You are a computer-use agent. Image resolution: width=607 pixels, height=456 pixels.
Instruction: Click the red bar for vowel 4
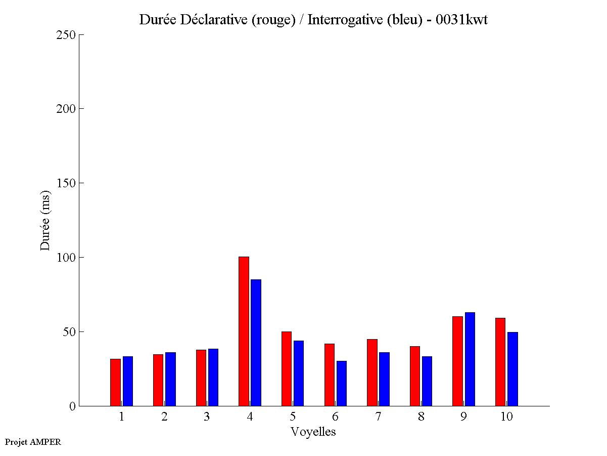click(244, 331)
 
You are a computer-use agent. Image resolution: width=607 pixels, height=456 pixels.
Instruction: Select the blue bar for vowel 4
click(256, 343)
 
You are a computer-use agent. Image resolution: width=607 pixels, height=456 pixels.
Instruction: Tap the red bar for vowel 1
click(115, 382)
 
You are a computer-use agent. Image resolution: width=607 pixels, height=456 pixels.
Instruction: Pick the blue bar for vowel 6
click(341, 383)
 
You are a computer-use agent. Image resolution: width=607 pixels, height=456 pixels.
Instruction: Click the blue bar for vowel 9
click(470, 359)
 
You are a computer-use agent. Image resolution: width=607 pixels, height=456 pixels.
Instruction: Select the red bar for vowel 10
click(500, 362)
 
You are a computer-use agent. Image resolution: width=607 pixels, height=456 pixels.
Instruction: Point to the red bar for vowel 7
click(372, 372)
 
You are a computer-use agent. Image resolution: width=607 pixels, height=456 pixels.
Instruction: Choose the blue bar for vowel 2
click(170, 379)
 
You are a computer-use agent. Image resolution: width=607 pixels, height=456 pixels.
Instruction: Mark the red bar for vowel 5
click(287, 368)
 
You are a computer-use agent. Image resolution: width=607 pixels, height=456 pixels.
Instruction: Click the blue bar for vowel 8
click(427, 381)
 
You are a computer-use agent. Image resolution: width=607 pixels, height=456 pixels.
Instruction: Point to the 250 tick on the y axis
click(81, 34)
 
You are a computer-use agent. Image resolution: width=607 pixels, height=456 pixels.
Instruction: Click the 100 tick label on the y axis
click(65, 257)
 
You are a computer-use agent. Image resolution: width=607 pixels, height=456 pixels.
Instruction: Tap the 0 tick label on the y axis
click(72, 406)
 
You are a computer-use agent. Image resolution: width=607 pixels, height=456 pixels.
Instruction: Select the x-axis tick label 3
click(207, 417)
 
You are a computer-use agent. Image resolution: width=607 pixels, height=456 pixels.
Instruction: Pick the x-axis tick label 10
click(506, 417)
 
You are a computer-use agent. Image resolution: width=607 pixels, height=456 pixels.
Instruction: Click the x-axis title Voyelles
click(313, 432)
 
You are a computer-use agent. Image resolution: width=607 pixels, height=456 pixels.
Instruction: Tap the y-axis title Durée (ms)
click(45, 220)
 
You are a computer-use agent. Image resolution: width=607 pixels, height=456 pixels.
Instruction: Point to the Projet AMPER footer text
click(33, 442)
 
